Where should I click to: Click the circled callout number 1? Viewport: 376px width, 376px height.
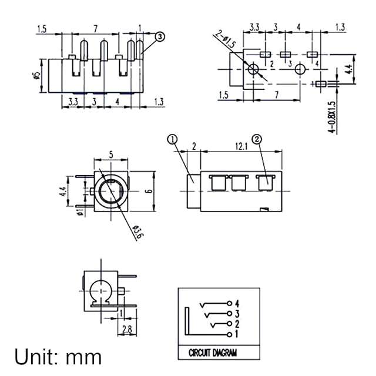[172, 139]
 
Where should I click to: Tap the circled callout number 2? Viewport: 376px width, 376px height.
[257, 139]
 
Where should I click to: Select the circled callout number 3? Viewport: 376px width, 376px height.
[160, 37]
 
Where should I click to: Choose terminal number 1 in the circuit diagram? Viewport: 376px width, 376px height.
[237, 334]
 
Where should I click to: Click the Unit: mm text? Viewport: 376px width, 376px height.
[58, 357]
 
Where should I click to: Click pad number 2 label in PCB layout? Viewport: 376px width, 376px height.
[271, 63]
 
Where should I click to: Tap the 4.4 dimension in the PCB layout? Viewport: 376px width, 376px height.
[348, 69]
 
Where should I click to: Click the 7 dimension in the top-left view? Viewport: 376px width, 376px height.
[95, 28]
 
